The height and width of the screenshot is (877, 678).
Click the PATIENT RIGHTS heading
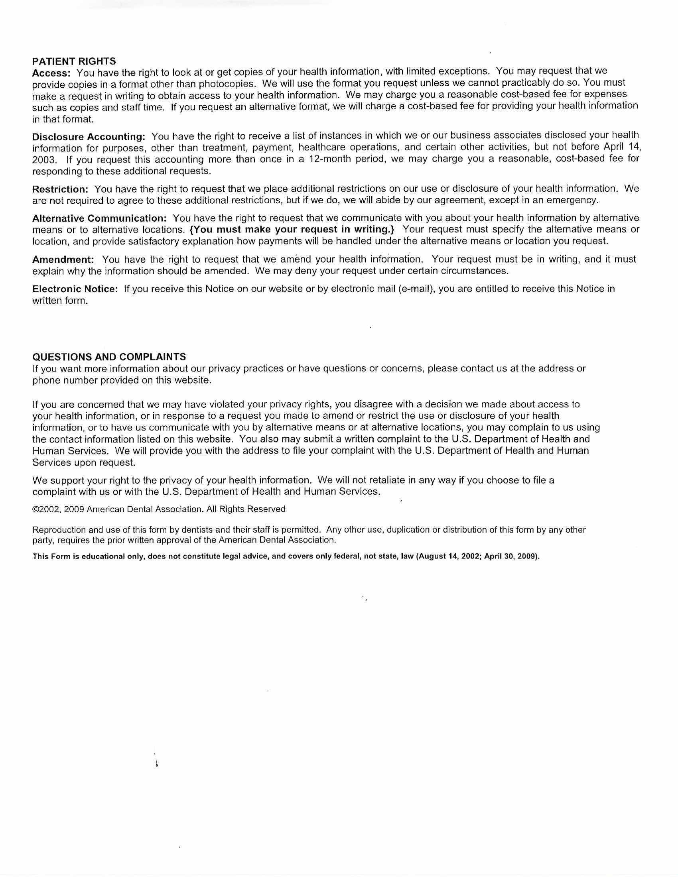(74, 61)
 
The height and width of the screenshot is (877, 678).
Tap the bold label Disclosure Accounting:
(89, 136)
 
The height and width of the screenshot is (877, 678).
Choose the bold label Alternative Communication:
(99, 219)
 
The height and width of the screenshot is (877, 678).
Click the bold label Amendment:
(63, 260)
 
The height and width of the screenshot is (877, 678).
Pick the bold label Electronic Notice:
(75, 289)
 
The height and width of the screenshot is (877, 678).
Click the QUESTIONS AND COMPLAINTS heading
(109, 357)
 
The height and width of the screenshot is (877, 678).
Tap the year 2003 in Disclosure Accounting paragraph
(43, 160)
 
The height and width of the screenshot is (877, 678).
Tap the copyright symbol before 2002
(36, 509)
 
